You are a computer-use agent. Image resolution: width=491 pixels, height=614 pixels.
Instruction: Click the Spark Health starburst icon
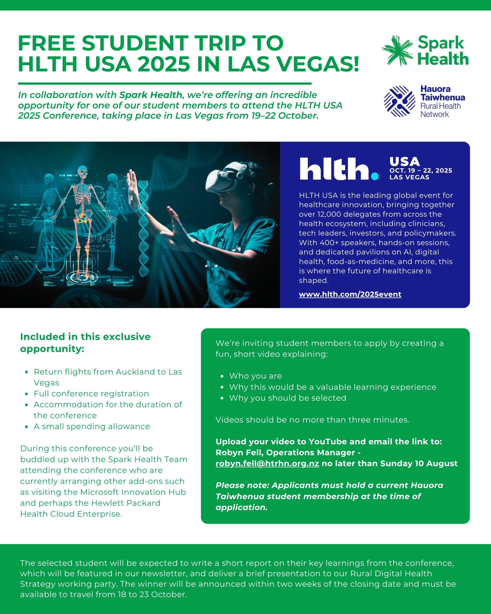(x=397, y=51)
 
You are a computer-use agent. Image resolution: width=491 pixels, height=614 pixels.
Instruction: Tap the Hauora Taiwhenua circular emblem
(x=400, y=102)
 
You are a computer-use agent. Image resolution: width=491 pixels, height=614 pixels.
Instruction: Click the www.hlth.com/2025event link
(x=350, y=294)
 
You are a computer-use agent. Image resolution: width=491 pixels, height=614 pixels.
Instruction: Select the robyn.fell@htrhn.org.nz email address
(x=267, y=463)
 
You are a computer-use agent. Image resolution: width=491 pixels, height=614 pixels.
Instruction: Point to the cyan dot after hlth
(x=375, y=177)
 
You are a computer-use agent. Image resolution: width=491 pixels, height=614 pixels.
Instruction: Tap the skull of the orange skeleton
(x=82, y=172)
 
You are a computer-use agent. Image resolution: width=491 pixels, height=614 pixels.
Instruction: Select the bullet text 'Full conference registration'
(x=91, y=394)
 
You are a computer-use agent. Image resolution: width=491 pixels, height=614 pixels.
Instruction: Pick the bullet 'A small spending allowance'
(x=92, y=426)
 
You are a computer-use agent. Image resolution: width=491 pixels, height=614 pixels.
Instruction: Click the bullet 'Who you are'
(x=255, y=376)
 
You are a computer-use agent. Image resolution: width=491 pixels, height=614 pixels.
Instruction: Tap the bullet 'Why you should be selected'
(x=287, y=398)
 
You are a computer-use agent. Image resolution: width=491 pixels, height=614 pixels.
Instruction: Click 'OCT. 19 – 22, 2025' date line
(x=421, y=171)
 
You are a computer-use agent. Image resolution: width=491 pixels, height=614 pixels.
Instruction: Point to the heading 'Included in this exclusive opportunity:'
(x=85, y=342)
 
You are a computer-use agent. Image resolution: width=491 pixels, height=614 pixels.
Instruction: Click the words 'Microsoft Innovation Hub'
(x=133, y=492)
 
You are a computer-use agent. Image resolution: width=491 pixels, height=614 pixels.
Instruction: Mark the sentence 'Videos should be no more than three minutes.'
(x=312, y=420)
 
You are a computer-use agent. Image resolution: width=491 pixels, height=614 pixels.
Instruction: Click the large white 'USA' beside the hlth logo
(x=404, y=162)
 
